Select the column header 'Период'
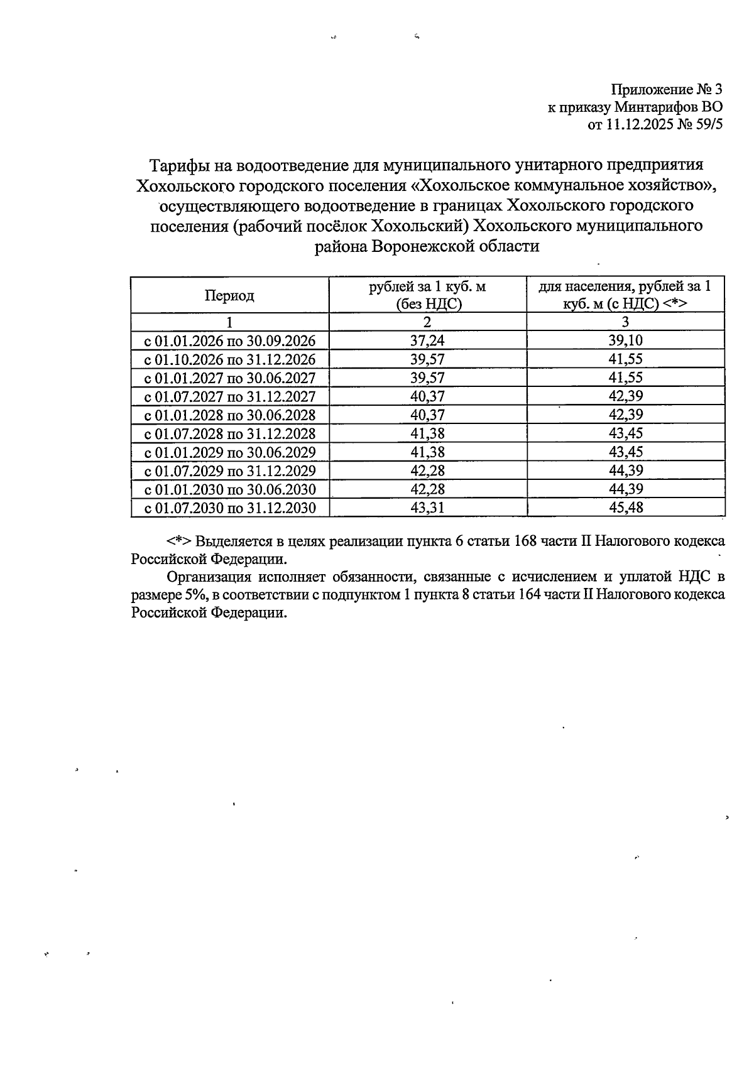coord(229,295)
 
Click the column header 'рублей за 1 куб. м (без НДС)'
coord(427,295)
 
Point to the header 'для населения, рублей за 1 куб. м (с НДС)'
coord(625,295)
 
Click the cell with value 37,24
coord(427,341)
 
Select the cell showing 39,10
coord(625,341)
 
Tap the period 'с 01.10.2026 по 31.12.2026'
coord(230,360)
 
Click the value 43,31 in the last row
coord(427,508)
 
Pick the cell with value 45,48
coord(625,508)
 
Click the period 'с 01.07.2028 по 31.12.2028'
coord(230,434)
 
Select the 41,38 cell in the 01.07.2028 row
coord(427,434)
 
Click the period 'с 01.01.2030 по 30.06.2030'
coord(230,490)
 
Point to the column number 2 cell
coord(427,323)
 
